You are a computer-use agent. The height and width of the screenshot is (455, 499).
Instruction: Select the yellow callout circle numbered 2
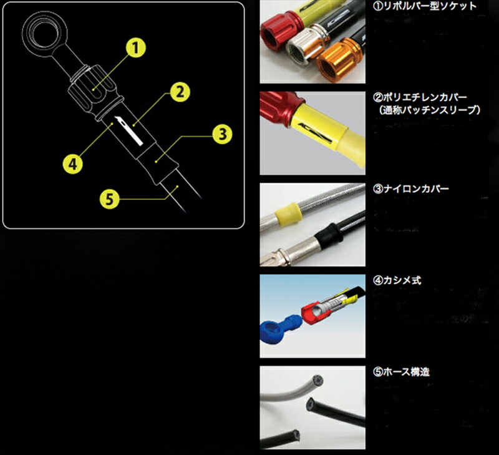(178, 93)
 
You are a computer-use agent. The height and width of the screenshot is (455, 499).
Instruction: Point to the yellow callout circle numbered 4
(74, 165)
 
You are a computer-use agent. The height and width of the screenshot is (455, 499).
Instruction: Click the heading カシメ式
(400, 280)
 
